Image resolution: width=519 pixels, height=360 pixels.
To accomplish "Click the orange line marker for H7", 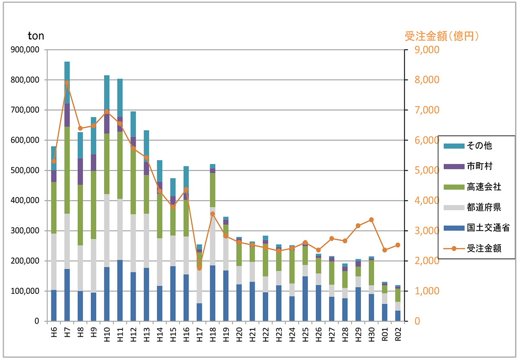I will click(67, 83).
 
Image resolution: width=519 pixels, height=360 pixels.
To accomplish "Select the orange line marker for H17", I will click(199, 268).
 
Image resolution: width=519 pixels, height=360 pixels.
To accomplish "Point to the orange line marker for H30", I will click(371, 220).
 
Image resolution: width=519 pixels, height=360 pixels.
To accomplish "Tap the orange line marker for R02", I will click(398, 245).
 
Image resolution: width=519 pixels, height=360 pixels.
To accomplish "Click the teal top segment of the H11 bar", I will click(120, 98).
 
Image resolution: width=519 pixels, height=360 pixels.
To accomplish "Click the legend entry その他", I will click(478, 146).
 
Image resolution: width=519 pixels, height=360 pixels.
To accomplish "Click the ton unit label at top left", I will click(36, 36).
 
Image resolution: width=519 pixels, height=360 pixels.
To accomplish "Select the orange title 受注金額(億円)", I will click(442, 36).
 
